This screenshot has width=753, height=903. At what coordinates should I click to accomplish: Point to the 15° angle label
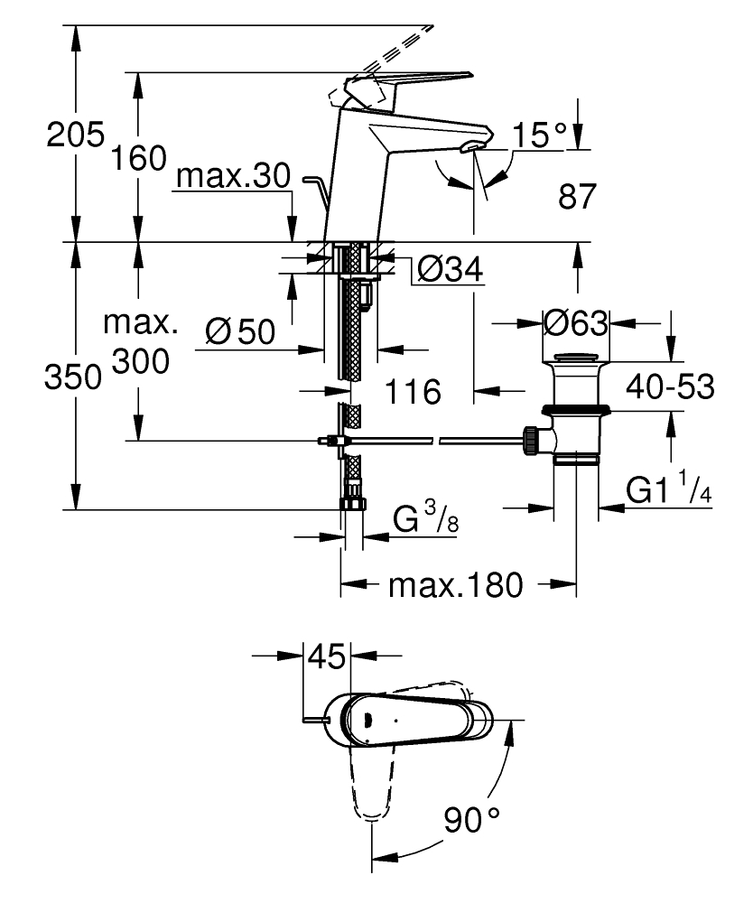[x=539, y=136]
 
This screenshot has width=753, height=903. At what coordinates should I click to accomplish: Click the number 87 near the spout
[x=578, y=197]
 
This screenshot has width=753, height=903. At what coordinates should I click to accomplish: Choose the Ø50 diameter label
[x=240, y=332]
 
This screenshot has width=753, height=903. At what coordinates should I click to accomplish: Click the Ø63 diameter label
[x=576, y=321]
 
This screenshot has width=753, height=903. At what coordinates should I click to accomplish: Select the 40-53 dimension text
[x=672, y=387]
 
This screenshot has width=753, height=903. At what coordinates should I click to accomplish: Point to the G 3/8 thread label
[x=417, y=520]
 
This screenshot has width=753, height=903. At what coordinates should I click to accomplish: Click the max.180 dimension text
[x=456, y=586]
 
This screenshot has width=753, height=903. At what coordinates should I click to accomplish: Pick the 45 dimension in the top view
[x=326, y=656]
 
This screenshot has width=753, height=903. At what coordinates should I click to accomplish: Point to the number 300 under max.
[x=140, y=363]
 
